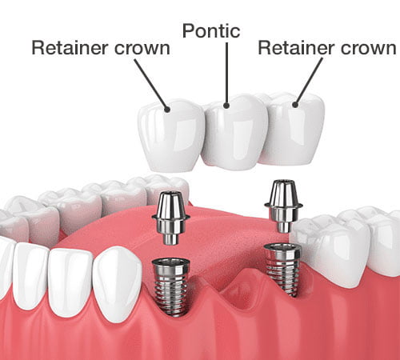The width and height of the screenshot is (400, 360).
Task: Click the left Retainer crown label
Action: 100,48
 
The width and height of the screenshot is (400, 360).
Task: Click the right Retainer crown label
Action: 326,48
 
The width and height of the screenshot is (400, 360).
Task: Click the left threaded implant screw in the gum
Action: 172,283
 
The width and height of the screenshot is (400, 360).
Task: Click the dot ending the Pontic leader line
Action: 227,104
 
